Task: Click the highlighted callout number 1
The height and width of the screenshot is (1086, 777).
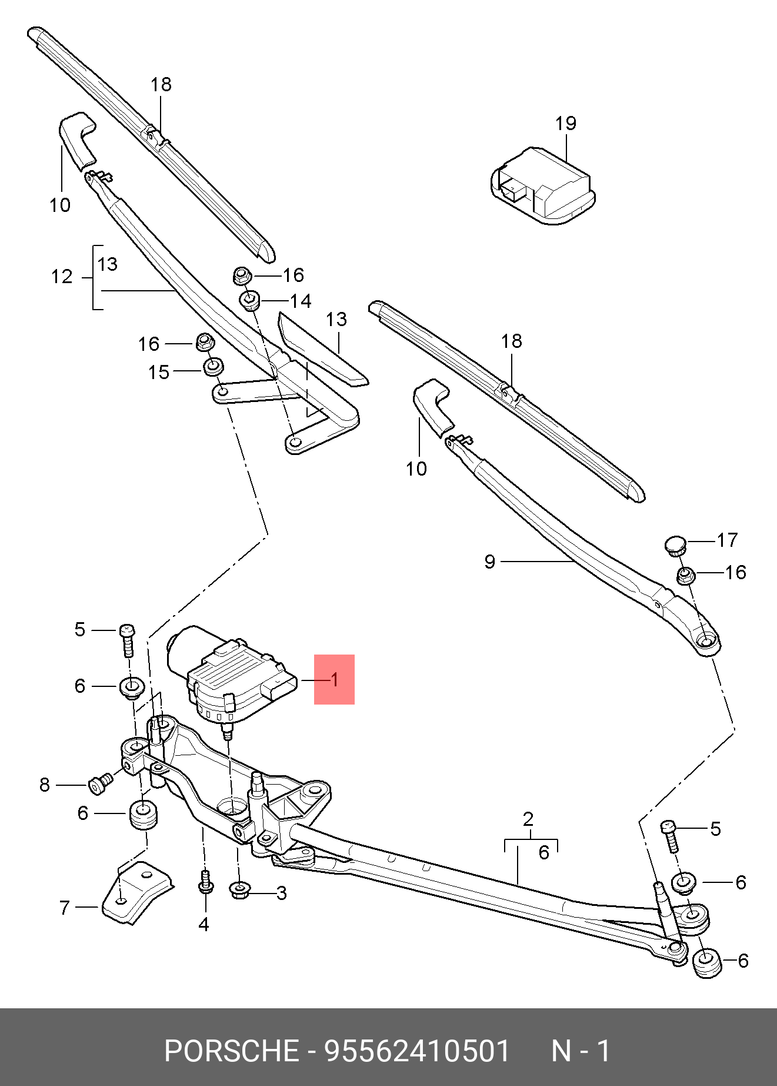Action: tap(334, 680)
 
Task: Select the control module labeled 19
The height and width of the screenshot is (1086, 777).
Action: tap(541, 185)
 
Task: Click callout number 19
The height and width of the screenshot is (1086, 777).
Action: tap(565, 124)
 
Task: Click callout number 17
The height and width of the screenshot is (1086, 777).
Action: tap(727, 540)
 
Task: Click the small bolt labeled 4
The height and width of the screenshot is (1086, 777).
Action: tap(205, 882)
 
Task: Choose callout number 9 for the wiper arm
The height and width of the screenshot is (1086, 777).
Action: tap(489, 562)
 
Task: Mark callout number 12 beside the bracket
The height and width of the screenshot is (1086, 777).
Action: tap(61, 277)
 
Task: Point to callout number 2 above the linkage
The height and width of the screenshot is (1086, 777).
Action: tap(528, 819)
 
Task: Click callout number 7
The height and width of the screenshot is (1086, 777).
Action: tap(65, 908)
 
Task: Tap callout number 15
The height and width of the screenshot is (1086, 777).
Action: tap(158, 372)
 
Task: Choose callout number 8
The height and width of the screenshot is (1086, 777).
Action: tap(45, 785)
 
